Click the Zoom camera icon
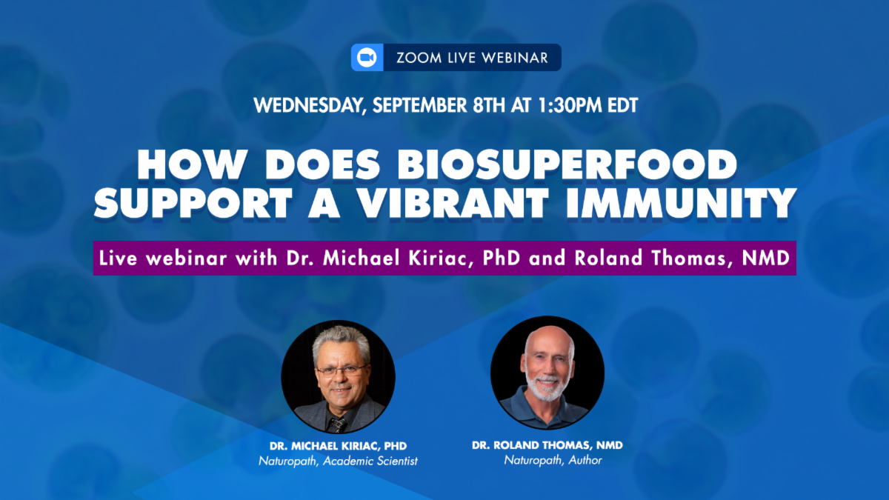[x=367, y=58]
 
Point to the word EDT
[x=623, y=105]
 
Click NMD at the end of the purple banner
[x=765, y=258]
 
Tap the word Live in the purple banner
[x=119, y=258]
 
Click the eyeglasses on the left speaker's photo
[x=342, y=371]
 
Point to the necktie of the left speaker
[x=337, y=424]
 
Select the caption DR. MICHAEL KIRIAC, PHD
[x=338, y=446]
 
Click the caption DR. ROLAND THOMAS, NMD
[x=547, y=445]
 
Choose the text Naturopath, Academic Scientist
[x=338, y=461]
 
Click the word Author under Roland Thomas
[x=585, y=460]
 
